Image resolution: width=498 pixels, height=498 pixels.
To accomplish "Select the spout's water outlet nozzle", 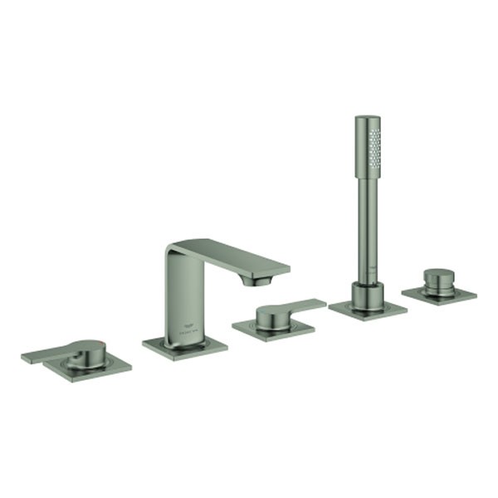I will [x=254, y=281].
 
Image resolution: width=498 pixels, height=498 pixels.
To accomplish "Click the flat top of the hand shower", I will [x=367, y=118].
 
